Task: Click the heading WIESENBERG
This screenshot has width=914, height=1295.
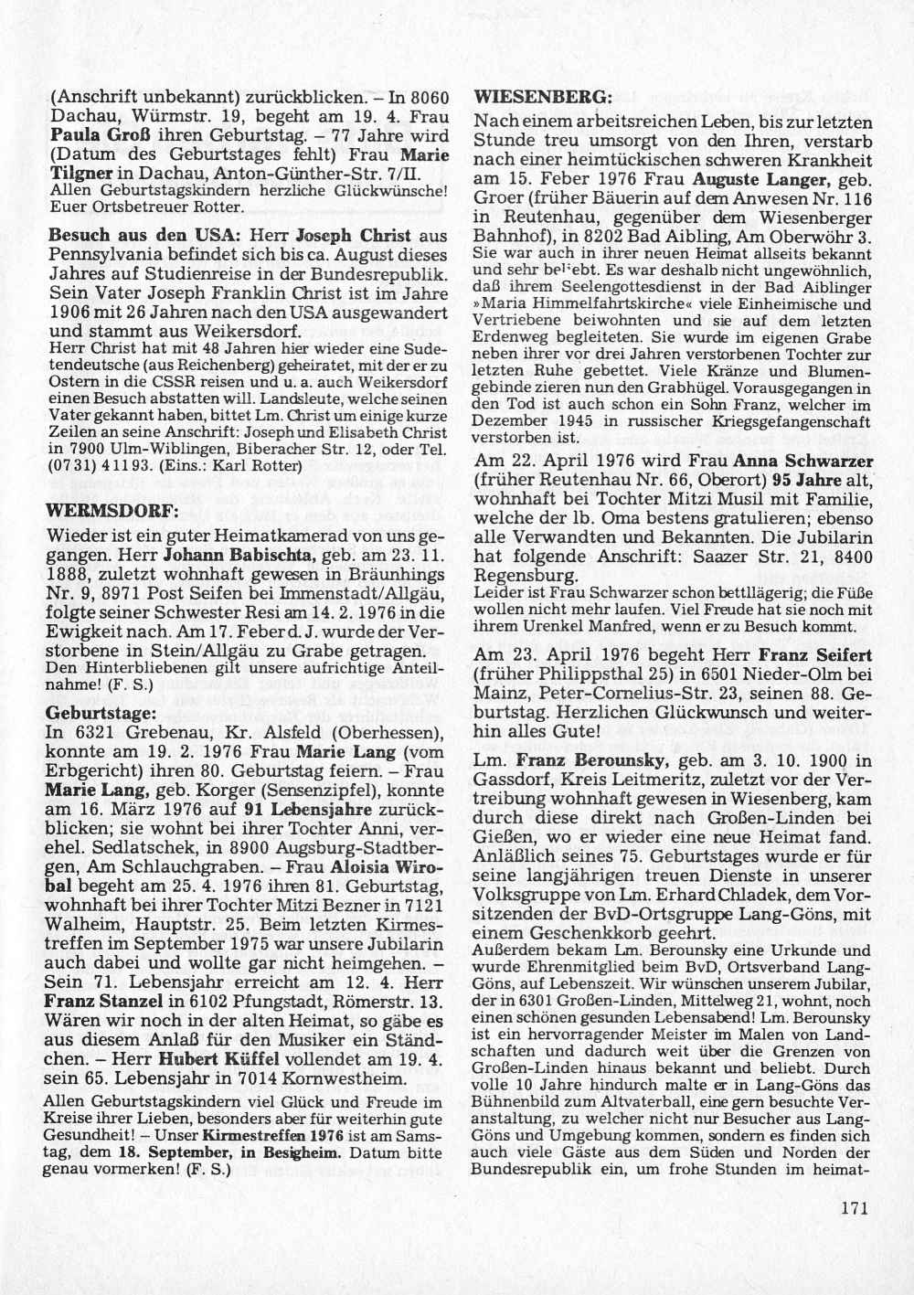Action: (530, 96)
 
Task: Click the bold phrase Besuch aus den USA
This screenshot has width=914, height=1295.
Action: (143, 234)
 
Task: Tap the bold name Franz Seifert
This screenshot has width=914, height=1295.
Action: (811, 655)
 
